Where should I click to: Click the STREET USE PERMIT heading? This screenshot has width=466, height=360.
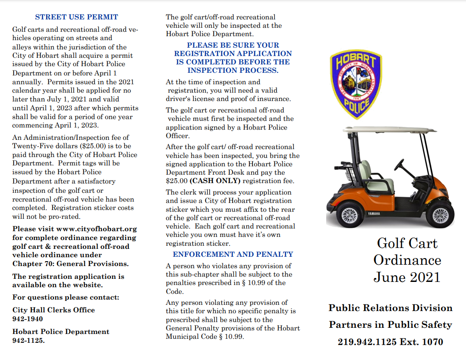(x=76, y=17)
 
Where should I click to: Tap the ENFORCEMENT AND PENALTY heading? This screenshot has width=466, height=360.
(x=233, y=254)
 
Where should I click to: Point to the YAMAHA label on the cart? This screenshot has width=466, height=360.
(x=373, y=214)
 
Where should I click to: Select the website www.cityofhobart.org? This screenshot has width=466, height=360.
(x=97, y=229)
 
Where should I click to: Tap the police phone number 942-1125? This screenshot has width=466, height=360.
(x=28, y=340)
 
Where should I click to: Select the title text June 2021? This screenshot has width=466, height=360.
(x=407, y=277)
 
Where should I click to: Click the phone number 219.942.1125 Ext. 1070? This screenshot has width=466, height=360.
(x=390, y=341)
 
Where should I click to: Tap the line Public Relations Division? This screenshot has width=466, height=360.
(x=390, y=308)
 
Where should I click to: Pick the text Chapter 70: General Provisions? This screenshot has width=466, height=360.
(x=71, y=264)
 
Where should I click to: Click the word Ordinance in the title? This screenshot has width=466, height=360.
(x=407, y=260)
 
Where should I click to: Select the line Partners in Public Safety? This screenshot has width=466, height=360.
(x=390, y=325)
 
